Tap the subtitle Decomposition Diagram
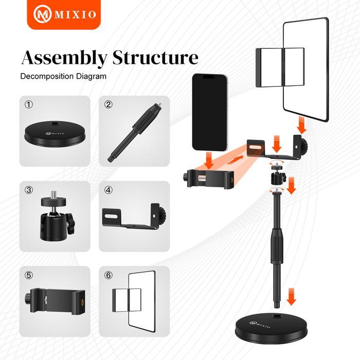(x=63, y=76)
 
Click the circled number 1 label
(x=29, y=104)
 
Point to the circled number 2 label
(x=109, y=104)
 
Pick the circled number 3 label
(x=29, y=190)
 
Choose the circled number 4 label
(x=109, y=190)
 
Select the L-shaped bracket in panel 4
(x=134, y=217)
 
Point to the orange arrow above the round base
(x=292, y=297)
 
